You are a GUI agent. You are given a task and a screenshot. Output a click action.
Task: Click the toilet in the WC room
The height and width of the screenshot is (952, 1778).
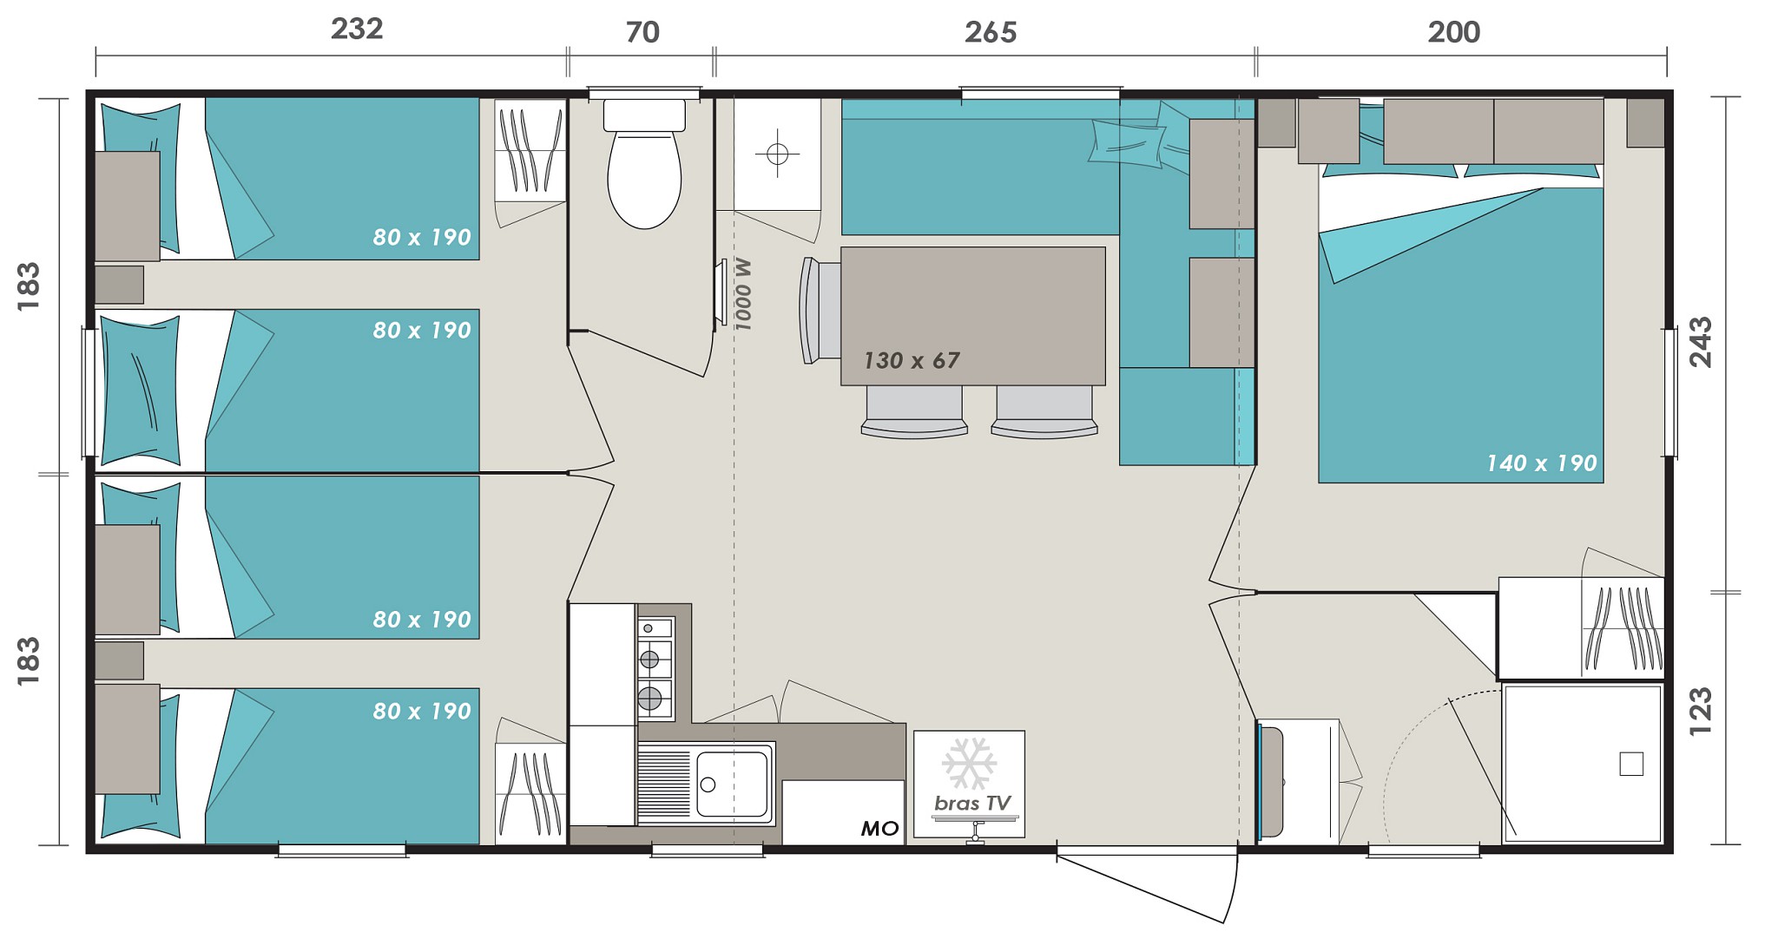[644, 164]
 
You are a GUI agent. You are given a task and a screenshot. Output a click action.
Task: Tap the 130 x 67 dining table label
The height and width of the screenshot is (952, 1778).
[912, 360]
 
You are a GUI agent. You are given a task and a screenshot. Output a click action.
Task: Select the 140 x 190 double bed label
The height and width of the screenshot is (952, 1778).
[1542, 463]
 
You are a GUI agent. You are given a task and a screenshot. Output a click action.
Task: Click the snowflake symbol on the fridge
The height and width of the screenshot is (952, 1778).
[969, 764]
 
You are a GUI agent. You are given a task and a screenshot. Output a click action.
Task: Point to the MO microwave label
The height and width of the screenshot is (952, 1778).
[879, 829]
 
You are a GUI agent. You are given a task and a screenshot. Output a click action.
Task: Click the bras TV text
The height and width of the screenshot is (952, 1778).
[972, 804]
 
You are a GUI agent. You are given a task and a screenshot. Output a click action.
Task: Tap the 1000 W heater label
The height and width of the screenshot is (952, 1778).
[742, 294]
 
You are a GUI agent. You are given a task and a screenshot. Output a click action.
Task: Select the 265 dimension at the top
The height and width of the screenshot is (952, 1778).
[990, 33]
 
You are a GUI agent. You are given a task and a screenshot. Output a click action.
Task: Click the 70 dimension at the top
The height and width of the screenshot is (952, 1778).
[642, 33]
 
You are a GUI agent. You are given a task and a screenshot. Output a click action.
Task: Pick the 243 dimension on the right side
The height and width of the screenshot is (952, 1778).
[1701, 342]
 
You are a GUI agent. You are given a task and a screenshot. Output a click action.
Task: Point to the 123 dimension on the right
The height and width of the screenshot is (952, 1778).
[1701, 712]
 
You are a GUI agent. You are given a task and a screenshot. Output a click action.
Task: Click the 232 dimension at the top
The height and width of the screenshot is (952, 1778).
[357, 30]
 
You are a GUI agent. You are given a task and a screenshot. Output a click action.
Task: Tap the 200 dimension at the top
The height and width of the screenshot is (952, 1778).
[1454, 33]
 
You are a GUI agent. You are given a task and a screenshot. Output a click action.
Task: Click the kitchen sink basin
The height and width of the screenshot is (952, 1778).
[732, 784]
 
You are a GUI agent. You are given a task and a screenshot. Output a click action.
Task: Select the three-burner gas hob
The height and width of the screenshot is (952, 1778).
[655, 668]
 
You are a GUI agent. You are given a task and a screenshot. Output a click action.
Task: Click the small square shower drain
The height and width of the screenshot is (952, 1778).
[1631, 764]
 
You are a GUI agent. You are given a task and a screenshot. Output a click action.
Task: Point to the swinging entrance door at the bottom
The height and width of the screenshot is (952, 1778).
[1146, 885]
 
